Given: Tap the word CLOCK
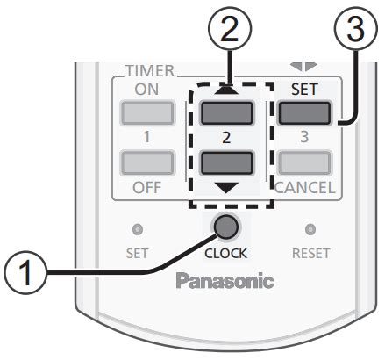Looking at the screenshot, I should click(x=227, y=253).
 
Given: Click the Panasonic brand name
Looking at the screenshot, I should click(x=225, y=282).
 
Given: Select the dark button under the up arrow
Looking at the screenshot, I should click(x=227, y=111).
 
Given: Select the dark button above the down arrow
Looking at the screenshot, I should click(x=227, y=162).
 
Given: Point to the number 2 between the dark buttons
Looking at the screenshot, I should click(x=227, y=137).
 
